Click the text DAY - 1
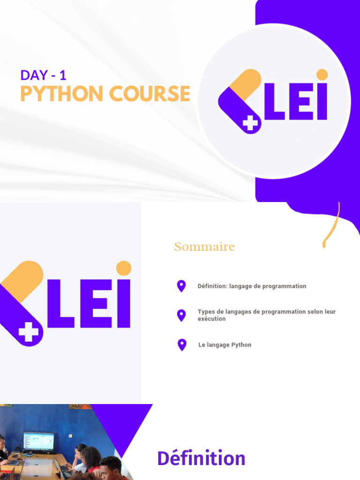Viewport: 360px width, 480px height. pos(43,75)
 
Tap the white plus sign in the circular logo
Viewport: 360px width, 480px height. pos(251,123)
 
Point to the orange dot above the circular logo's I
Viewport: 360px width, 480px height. pos(322,75)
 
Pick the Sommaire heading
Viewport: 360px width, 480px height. pos(204,247)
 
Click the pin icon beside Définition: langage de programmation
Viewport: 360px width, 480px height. pos(181,285)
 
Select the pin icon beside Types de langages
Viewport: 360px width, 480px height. pos(181,315)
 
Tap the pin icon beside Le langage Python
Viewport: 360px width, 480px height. pos(182,345)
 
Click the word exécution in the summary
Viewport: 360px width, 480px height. pos(211,319)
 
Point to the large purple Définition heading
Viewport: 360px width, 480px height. pos(201,458)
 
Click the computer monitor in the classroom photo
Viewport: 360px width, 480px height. pos(38,441)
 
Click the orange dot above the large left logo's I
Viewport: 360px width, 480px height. pos(124,268)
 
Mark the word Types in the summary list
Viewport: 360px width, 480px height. pos(205,312)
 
